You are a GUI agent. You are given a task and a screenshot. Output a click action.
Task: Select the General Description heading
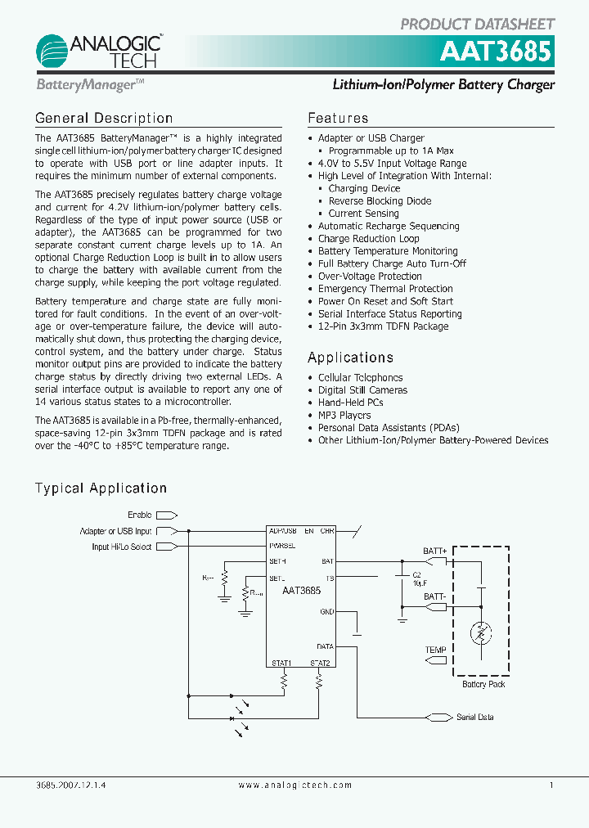point(104,119)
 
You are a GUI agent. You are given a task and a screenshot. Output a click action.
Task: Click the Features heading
point(338,119)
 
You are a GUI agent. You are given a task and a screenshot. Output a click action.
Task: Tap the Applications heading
point(350,358)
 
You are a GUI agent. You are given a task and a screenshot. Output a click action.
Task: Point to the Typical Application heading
point(101,488)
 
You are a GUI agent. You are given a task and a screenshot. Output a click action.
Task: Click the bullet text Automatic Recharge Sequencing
point(389,226)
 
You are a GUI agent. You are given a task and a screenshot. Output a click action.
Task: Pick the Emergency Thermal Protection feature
point(385,289)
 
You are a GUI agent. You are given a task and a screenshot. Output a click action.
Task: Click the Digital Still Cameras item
point(362,390)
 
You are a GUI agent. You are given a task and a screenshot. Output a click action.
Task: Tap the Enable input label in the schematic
point(139,515)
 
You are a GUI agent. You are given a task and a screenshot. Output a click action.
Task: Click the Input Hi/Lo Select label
point(122,547)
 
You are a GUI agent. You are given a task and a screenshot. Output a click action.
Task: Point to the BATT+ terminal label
point(434,551)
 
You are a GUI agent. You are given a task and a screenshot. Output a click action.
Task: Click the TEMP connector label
point(435,650)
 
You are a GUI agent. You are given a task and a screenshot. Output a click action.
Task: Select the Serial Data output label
point(474,717)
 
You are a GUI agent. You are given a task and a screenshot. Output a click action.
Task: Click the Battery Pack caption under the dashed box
point(483,684)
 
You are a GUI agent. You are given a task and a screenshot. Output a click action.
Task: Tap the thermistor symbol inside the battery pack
point(482,632)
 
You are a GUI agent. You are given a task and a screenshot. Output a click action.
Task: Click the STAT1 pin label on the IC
point(281,663)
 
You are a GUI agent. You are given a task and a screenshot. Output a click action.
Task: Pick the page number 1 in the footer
point(551,785)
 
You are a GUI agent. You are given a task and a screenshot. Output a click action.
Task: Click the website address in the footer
point(294,785)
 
